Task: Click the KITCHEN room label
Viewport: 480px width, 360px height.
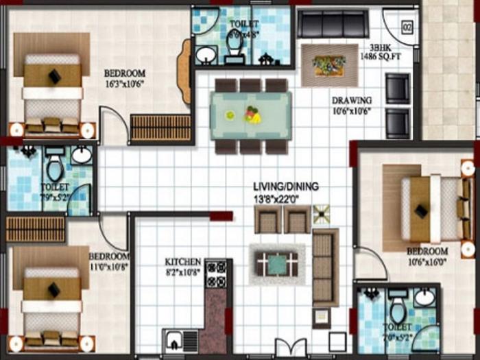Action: [183, 262]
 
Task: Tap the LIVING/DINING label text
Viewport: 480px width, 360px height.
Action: [285, 187]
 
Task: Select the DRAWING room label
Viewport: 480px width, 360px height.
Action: [352, 100]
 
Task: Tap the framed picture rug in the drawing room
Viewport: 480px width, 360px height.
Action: [328, 64]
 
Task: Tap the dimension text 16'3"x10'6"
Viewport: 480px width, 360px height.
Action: [124, 85]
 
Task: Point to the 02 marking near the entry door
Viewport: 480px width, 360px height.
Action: [407, 28]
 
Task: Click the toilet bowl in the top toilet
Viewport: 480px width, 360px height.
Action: [234, 45]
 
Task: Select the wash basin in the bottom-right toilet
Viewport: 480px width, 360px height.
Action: [424, 298]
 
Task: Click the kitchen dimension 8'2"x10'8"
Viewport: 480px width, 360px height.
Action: [183, 272]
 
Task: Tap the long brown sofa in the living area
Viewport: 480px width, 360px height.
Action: [325, 267]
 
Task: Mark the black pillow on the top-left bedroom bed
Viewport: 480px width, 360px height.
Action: [54, 76]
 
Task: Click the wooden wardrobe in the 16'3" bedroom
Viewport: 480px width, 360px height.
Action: [160, 128]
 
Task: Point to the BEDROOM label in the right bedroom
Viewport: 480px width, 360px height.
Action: [427, 252]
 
